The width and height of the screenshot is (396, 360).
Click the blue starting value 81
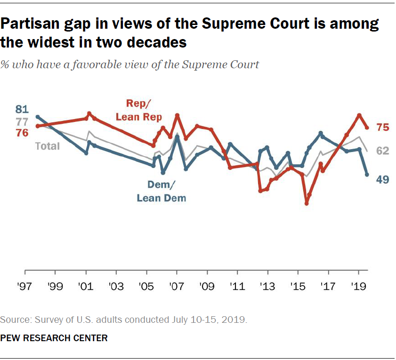tap(22, 110)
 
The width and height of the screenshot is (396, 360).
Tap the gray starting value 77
tap(22, 122)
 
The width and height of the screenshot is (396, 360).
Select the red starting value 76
tap(22, 133)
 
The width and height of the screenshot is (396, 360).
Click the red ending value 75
tap(382, 127)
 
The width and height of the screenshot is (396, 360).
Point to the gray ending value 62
tap(382, 151)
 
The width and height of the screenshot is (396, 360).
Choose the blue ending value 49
tap(382, 179)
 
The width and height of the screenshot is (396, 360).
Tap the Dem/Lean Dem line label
tap(161, 192)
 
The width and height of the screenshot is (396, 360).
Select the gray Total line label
tap(48, 146)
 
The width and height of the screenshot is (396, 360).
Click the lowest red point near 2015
tap(307, 203)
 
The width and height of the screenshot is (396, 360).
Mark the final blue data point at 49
tap(367, 175)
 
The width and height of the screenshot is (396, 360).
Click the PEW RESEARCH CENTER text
tap(54, 338)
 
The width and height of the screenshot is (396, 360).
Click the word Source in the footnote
tap(13, 320)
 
